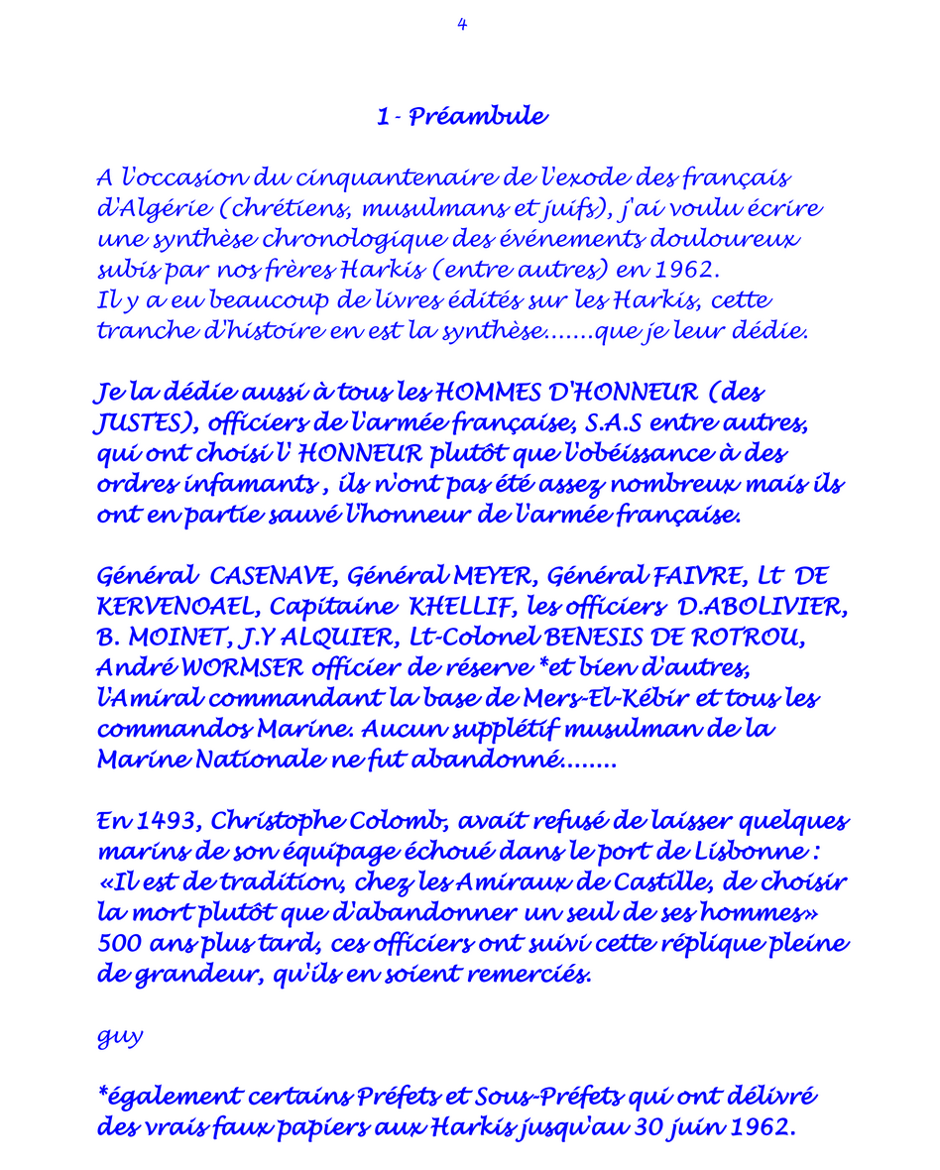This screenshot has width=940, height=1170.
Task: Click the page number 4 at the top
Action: (x=462, y=25)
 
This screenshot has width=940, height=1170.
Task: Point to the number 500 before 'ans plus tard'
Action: (x=119, y=945)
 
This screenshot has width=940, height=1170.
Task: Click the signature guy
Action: (x=120, y=1038)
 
